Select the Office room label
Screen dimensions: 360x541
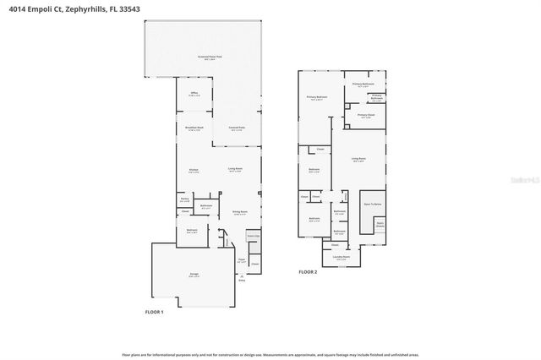194,95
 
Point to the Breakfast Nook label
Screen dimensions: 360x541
194,128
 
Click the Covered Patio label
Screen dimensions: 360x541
237,128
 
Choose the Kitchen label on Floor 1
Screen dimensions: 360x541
194,171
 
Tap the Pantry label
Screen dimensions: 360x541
184,200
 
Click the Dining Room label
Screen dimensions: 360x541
240,212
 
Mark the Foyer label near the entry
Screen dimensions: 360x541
241,260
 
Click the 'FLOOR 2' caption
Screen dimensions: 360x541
308,272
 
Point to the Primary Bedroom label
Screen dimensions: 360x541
317,98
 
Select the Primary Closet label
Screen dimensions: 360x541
365,116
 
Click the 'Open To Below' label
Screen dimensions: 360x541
372,204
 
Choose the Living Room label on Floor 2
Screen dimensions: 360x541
358,159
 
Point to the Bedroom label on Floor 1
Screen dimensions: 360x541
192,230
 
